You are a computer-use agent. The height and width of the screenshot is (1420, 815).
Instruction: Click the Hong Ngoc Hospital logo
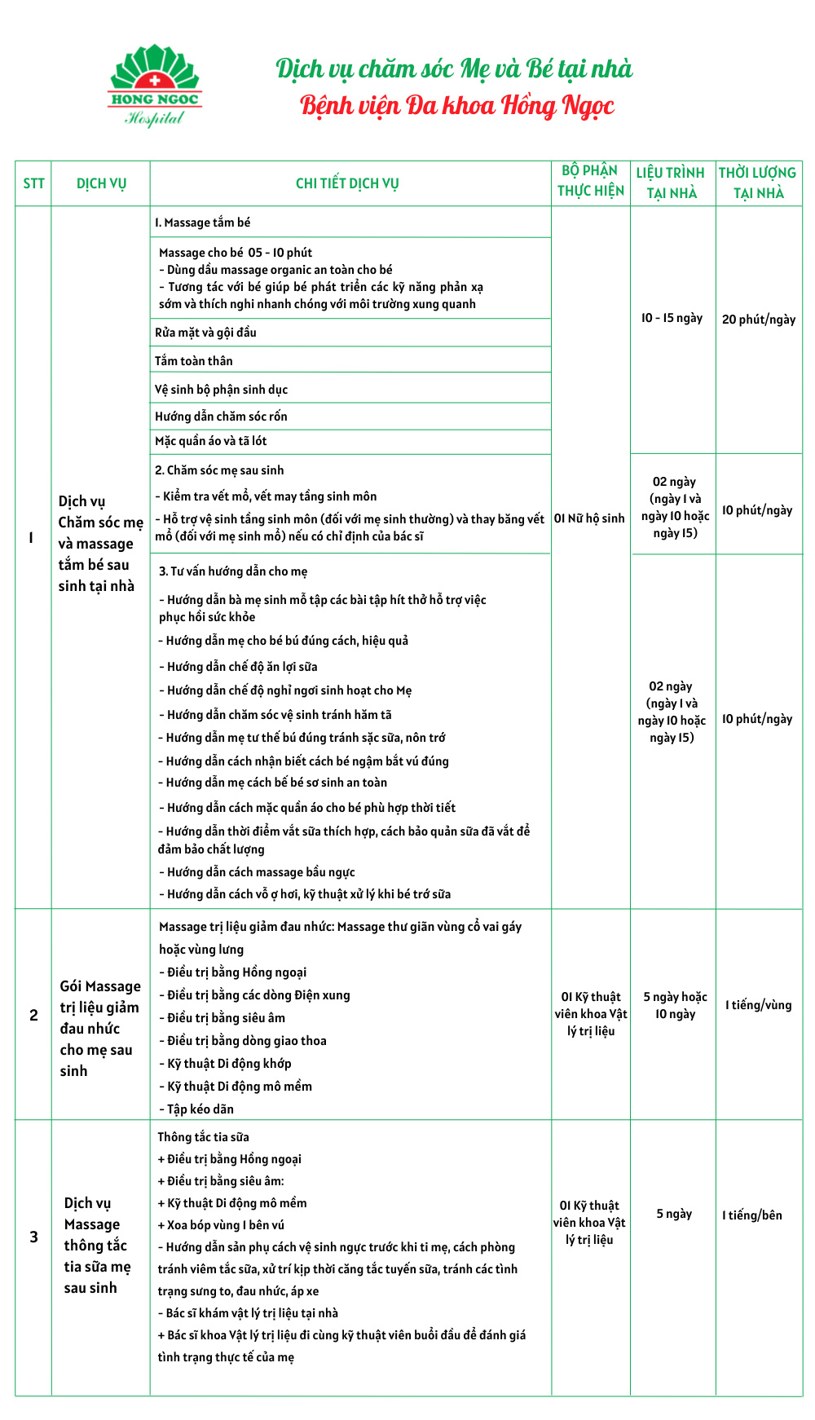click(155, 86)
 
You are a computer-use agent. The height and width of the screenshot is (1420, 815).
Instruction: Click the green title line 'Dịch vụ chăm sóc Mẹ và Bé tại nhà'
click(454, 69)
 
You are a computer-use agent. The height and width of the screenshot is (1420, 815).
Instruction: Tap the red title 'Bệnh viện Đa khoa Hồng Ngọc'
click(457, 106)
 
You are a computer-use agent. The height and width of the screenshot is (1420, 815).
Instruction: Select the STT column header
click(33, 183)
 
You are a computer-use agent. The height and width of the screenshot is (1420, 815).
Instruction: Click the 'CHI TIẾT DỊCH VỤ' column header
click(347, 183)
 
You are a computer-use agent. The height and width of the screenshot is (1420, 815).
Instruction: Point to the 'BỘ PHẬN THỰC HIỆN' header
click(591, 181)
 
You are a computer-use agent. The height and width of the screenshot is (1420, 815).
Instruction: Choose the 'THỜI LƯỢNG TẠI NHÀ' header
click(758, 183)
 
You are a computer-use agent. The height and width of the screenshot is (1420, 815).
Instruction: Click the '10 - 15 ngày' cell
click(672, 318)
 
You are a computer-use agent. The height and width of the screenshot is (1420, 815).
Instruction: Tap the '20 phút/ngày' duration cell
click(759, 320)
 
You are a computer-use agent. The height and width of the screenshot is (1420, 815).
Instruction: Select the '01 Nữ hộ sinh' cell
click(589, 518)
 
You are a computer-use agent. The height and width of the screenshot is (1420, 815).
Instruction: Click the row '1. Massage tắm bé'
click(203, 223)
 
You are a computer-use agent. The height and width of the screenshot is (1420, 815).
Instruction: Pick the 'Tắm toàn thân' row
click(194, 361)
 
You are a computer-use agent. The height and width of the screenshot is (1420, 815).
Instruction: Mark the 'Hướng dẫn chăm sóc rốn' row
click(221, 417)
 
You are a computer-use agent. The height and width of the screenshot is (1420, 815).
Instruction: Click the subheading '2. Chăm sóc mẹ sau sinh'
click(219, 470)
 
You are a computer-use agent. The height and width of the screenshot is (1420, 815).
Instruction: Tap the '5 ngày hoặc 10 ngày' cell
click(675, 1005)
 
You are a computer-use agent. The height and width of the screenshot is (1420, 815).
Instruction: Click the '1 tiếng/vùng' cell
click(759, 1005)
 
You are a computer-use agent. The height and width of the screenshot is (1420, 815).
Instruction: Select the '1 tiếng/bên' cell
click(752, 1215)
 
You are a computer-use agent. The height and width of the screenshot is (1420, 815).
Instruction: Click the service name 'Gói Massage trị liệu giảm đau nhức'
click(99, 1029)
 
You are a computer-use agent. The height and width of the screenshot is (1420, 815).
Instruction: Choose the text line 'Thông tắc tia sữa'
click(204, 1137)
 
